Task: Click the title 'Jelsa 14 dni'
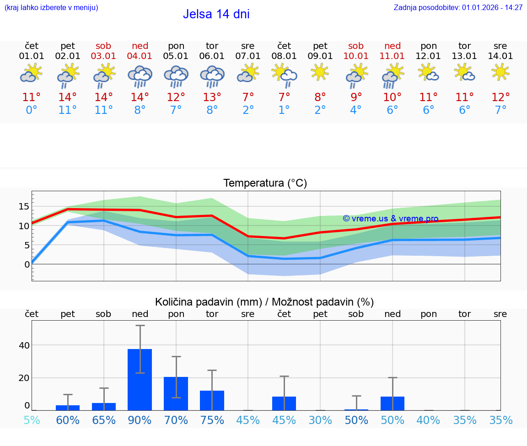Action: pyautogui.click(x=216, y=14)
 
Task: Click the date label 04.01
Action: pyautogui.click(x=140, y=56)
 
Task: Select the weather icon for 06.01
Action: pyautogui.click(x=212, y=76)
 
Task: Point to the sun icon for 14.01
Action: pyautogui.click(x=500, y=72)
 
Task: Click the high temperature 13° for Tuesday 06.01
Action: pyautogui.click(x=212, y=97)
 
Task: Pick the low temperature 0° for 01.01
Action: pyautogui.click(x=32, y=110)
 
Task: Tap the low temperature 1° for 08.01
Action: pyautogui.click(x=284, y=110)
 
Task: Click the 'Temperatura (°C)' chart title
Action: pyautogui.click(x=265, y=183)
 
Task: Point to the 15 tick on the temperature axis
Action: pyautogui.click(x=24, y=207)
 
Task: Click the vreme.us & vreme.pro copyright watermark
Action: pyautogui.click(x=390, y=219)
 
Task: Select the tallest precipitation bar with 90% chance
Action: pyautogui.click(x=140, y=379)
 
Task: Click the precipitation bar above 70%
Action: pyautogui.click(x=176, y=393)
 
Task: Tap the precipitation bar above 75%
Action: pyautogui.click(x=212, y=400)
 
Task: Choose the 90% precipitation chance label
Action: pyautogui.click(x=140, y=420)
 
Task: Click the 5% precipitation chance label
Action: pyautogui.click(x=32, y=420)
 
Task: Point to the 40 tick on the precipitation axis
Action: pyautogui.click(x=24, y=345)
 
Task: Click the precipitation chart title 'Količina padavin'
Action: pyautogui.click(x=264, y=302)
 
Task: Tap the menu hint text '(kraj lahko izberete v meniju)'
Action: pyautogui.click(x=51, y=8)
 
